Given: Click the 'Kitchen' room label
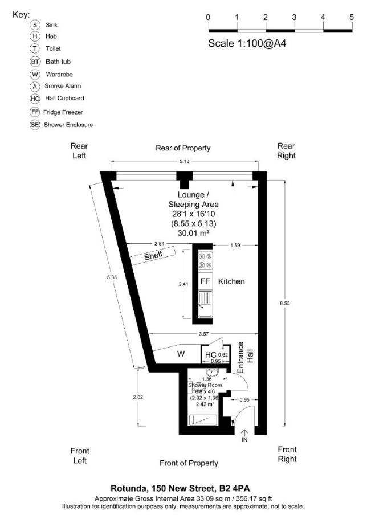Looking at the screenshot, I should (x=231, y=281).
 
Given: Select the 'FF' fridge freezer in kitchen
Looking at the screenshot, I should (x=205, y=281).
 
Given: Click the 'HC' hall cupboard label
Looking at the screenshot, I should (x=210, y=355).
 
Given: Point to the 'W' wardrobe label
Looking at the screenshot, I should (x=181, y=354).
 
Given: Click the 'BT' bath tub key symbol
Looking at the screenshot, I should (x=35, y=62).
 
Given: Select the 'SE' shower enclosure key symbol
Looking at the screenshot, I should (x=35, y=124).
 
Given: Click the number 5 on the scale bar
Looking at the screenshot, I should (x=352, y=17).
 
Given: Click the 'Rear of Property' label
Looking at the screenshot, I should (x=183, y=148).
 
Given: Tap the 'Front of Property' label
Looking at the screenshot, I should (x=189, y=463).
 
